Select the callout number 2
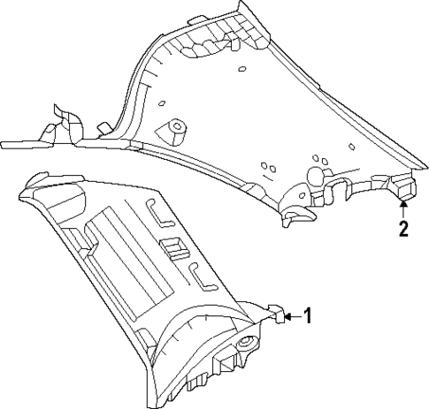point(403,231)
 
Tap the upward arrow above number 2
point(403,208)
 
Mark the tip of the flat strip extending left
point(7,141)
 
